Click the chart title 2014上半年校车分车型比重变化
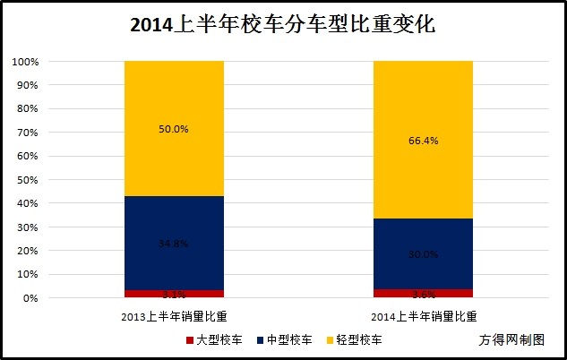point(283,24)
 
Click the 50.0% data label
point(174,129)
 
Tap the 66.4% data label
point(423,141)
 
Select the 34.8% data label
point(174,244)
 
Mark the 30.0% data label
point(423,254)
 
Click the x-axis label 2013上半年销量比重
point(174,316)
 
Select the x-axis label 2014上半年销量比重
point(423,316)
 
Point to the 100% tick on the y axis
point(25,63)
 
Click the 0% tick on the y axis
point(30,297)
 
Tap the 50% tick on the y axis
point(28,180)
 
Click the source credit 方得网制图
point(511,340)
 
